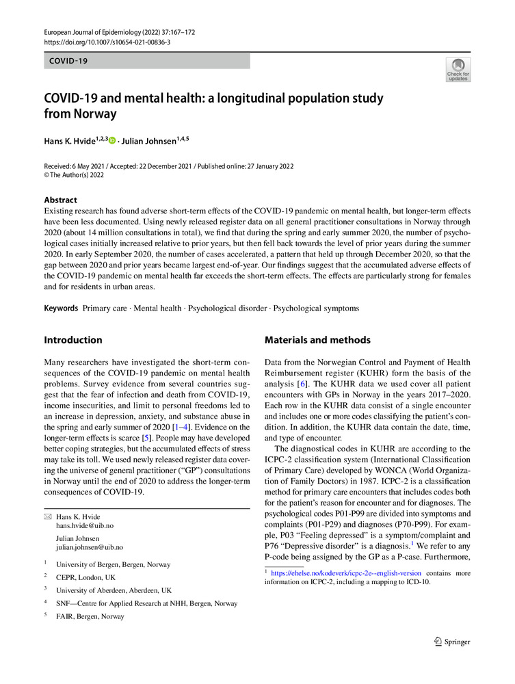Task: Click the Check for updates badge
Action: pos(458,70)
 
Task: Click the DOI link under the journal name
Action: pos(107,42)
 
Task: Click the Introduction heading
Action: pos(73,340)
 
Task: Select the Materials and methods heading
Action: pos(317,340)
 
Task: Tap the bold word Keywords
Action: pos(61,308)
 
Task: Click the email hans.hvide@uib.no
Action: pos(85,525)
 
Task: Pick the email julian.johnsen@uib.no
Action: pos(90,547)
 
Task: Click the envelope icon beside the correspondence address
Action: pos(47,516)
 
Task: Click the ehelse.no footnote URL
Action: pos(345,573)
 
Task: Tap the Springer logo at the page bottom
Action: pos(453,642)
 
